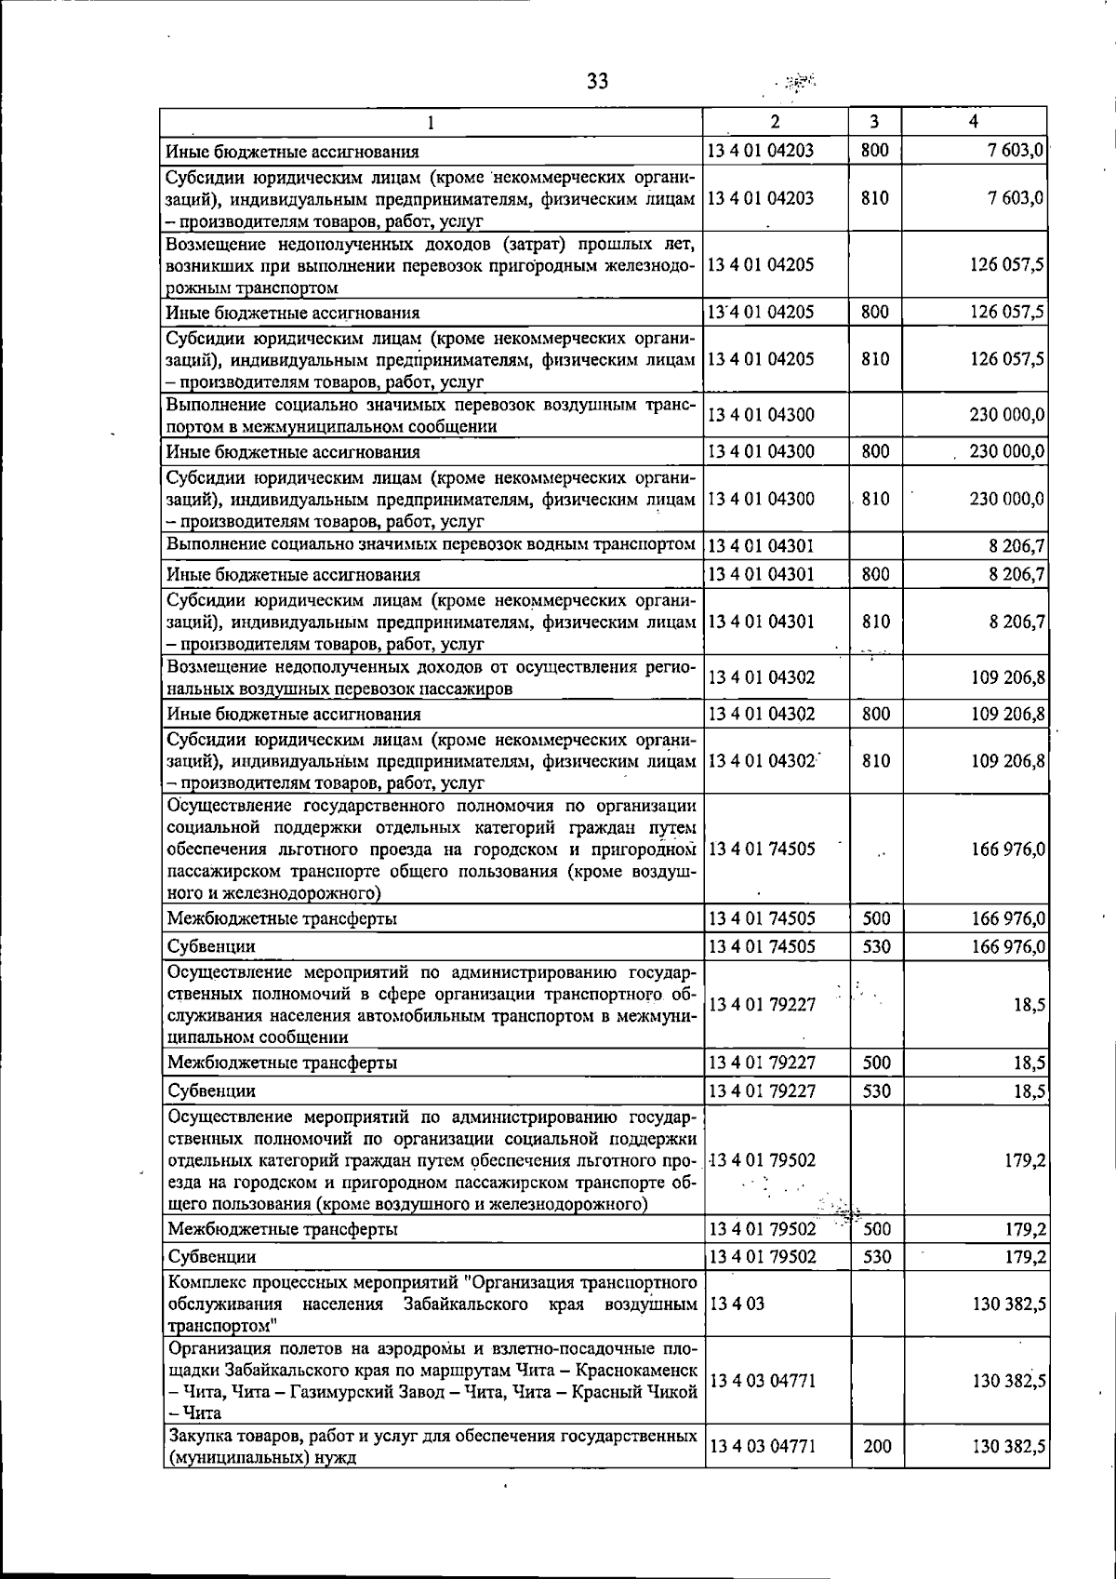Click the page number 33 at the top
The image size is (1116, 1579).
coord(598,81)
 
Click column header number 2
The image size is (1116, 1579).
coord(776,122)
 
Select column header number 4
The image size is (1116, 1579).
coord(973,122)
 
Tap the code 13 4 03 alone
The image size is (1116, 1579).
coord(737,1304)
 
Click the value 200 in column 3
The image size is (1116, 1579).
coord(877,1446)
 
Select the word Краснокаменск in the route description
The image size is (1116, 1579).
coord(637,1370)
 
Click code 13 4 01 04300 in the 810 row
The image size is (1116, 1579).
coord(762,499)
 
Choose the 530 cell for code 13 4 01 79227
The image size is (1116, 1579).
coord(876,1091)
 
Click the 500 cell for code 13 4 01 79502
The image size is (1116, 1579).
coord(877,1229)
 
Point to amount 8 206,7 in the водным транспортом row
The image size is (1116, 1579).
coord(1017,545)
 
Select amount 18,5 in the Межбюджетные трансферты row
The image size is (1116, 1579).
coord(1030,1063)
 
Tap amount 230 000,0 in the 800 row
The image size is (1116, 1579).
coord(1007,452)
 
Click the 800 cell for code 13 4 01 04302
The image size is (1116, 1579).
coord(875,714)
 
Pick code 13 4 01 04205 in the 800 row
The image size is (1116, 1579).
coord(762,312)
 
